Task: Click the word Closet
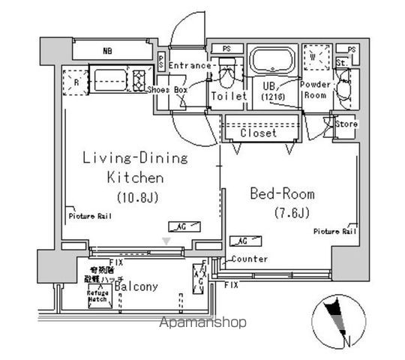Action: [259, 133]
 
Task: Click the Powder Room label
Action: [316, 90]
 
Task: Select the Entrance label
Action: [190, 66]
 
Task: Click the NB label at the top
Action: [109, 52]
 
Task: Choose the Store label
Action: [346, 124]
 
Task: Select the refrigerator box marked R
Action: [76, 79]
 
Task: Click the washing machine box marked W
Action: [316, 57]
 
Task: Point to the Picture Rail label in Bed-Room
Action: [334, 232]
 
